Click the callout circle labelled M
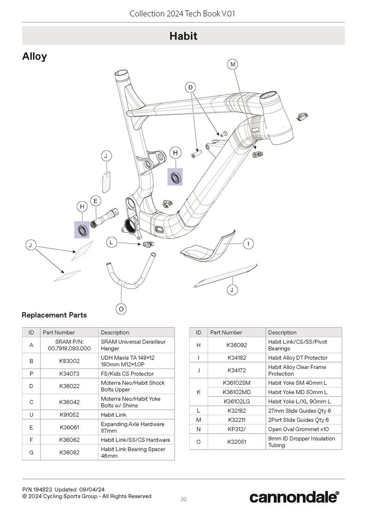[233, 65]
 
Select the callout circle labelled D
[190, 88]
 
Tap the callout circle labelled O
[121, 309]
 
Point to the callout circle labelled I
[248, 244]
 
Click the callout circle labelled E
[95, 201]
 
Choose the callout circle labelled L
[111, 242]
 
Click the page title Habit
[183, 36]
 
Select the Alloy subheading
[35, 57]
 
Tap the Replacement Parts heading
[54, 315]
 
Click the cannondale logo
[294, 497]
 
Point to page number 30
[183, 499]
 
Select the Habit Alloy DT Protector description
[298, 358]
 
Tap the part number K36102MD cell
[236, 392]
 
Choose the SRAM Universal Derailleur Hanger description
[133, 345]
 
